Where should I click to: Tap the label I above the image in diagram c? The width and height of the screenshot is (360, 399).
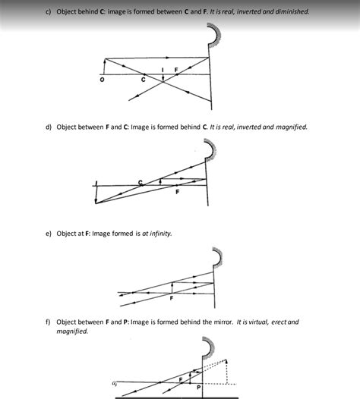coord(163,70)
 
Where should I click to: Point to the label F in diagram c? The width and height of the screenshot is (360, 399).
coord(176,71)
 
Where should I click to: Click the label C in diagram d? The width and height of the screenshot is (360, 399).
coord(140,180)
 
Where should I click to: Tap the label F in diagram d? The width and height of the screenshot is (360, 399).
coord(177,192)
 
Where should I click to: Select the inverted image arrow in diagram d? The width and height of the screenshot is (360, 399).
coord(96,193)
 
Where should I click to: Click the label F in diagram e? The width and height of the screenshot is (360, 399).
coord(172,298)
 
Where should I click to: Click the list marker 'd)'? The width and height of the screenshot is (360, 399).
coord(49,127)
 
